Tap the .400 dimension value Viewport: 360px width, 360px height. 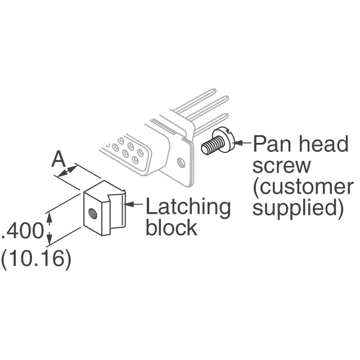pos(22,231)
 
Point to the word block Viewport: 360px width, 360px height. pos(171,228)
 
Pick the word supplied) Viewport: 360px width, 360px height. pos(298,208)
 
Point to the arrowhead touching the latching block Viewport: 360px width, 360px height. pos(128,205)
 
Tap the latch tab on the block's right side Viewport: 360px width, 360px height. pos(117,214)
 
